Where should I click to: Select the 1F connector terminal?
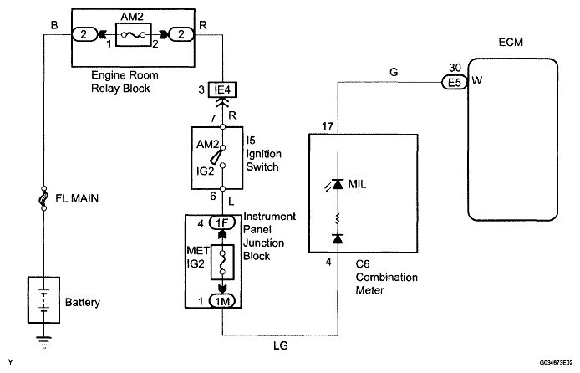pyautogui.click(x=222, y=223)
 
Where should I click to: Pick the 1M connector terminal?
pyautogui.click(x=222, y=300)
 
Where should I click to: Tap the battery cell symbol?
pyautogui.click(x=43, y=297)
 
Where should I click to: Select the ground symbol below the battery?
pyautogui.click(x=43, y=340)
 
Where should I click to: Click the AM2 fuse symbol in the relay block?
pyautogui.click(x=133, y=35)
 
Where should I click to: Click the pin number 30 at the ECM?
pyautogui.click(x=452, y=68)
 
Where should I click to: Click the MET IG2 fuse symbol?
pyautogui.click(x=222, y=262)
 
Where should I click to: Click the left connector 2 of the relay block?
pyautogui.click(x=84, y=35)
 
